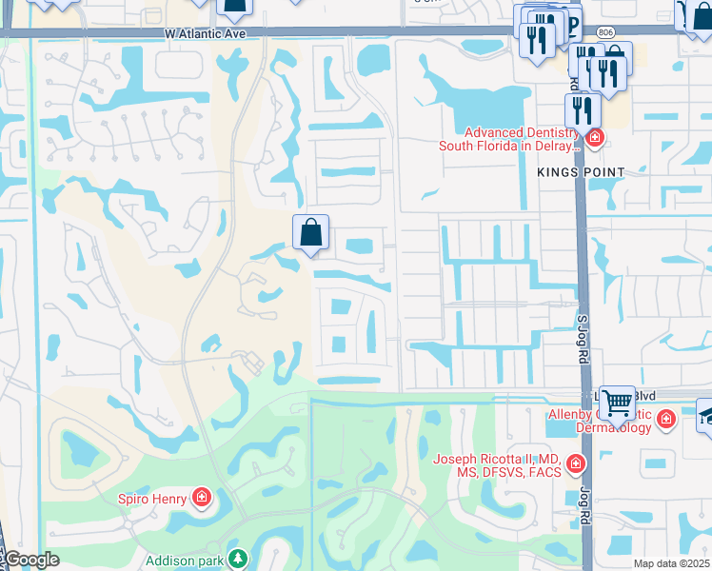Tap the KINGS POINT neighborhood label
coord(581,172)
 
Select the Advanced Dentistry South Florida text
coord(508,140)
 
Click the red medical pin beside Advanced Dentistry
coord(595,139)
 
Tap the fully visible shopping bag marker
coord(310,232)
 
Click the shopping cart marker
coord(617,404)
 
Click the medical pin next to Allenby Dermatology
coord(665,419)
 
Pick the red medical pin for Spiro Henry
coord(201,497)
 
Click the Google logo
coord(30,561)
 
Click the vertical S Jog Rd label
coord(583,339)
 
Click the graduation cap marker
coord(706,416)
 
